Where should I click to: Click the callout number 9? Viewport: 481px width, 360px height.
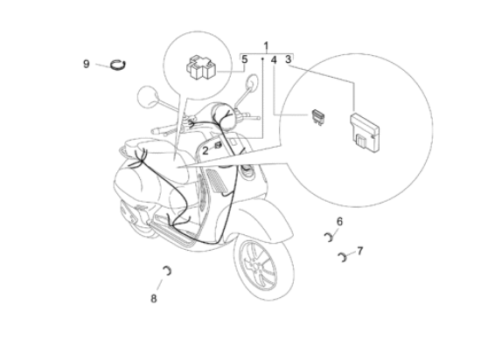86,63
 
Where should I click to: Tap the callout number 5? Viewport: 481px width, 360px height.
246,59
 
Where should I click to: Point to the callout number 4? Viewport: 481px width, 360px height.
274,60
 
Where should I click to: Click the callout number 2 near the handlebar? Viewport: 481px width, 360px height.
206,150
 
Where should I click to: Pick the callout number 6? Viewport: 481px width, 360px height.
340,221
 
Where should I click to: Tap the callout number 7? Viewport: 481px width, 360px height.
359,250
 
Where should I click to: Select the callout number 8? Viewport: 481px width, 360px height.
154,298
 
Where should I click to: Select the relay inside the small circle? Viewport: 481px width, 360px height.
200,66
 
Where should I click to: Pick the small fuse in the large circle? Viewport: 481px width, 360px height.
320,114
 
